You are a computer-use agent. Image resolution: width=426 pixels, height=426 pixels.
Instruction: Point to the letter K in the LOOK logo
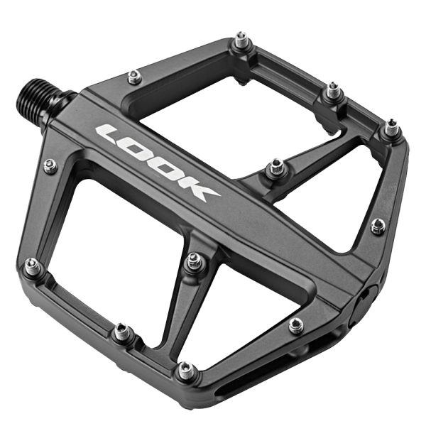pyautogui.click(x=196, y=191)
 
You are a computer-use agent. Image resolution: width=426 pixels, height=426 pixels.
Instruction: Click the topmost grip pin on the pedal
pyautogui.click(x=241, y=40)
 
